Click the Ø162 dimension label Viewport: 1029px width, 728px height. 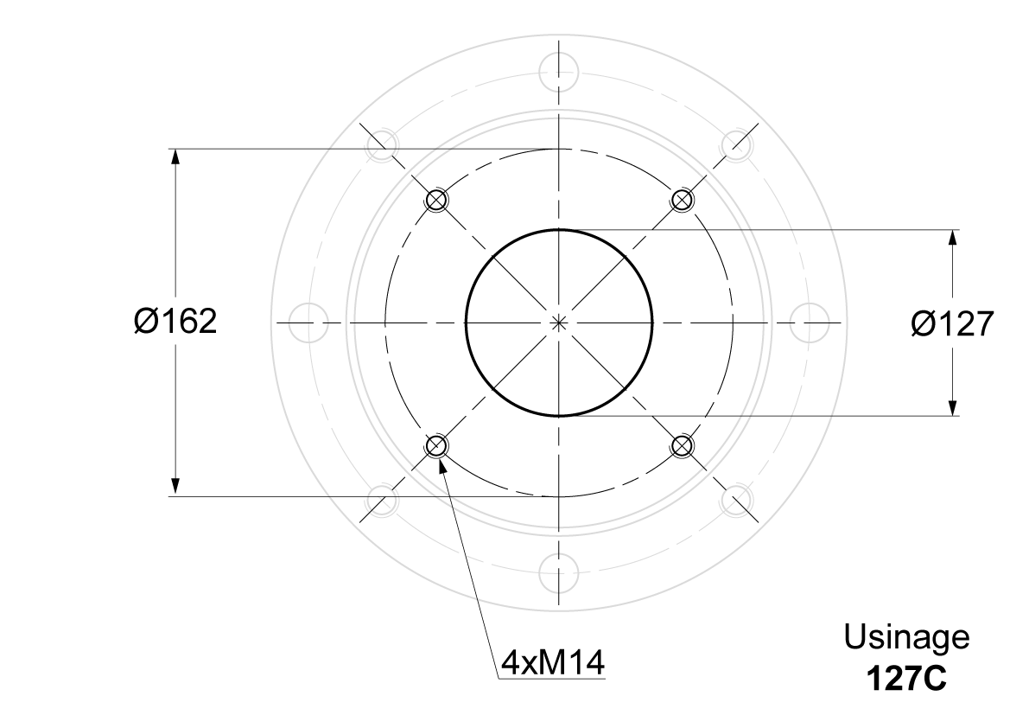[175, 322]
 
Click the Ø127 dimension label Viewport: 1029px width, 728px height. [953, 323]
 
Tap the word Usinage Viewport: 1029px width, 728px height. [906, 637]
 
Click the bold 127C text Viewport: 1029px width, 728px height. [906, 680]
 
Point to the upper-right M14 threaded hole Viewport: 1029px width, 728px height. [683, 199]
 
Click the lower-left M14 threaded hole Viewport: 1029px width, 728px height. [435, 446]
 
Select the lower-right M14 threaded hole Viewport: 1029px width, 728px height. [683, 446]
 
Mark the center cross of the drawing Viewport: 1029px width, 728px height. [559, 322]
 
